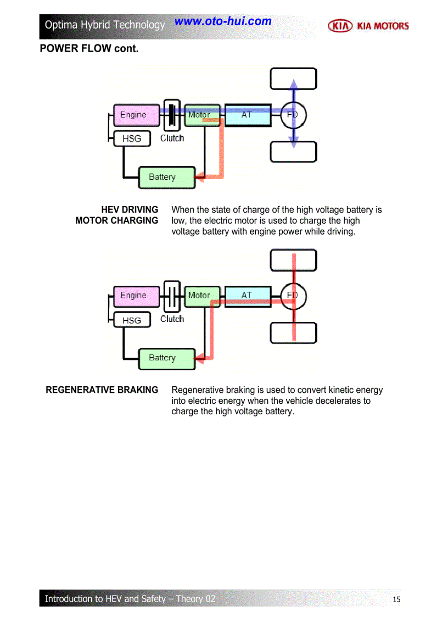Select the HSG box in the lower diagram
pos(132,320)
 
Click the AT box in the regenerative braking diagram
pos(248,296)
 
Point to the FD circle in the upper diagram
pos(294,115)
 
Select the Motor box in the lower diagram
pos(202,296)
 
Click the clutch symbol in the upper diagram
pos(172,115)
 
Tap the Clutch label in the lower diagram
pos(172,319)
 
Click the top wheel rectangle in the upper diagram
pos(293,78)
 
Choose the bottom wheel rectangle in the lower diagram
pos(293,333)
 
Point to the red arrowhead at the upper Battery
pos(200,177)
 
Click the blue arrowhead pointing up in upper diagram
pos(294,83)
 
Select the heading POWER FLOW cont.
pos(89,49)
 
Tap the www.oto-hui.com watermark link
pos(223,21)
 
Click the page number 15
pos(397,599)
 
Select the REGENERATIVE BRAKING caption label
pos(102,390)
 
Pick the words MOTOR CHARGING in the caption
pos(116,221)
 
